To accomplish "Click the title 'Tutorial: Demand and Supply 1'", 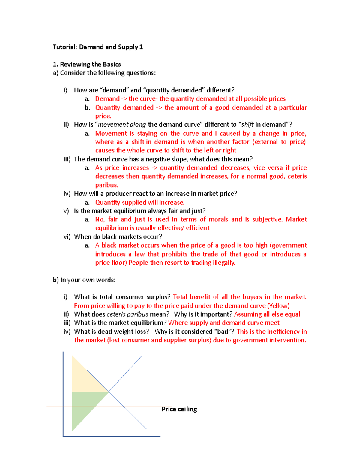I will (98, 47).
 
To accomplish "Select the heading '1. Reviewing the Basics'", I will (87, 64).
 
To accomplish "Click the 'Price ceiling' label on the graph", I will (179, 409).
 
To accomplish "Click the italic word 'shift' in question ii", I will (247, 125).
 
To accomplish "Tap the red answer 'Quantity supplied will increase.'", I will (140, 203).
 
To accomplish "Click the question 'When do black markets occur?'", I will (118, 237).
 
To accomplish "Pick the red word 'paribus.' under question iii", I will (106, 185).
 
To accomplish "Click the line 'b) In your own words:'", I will (84, 280).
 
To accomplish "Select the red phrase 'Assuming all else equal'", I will (267, 314).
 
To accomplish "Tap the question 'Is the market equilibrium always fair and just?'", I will (140, 211).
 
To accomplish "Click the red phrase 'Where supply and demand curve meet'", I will (224, 323).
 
